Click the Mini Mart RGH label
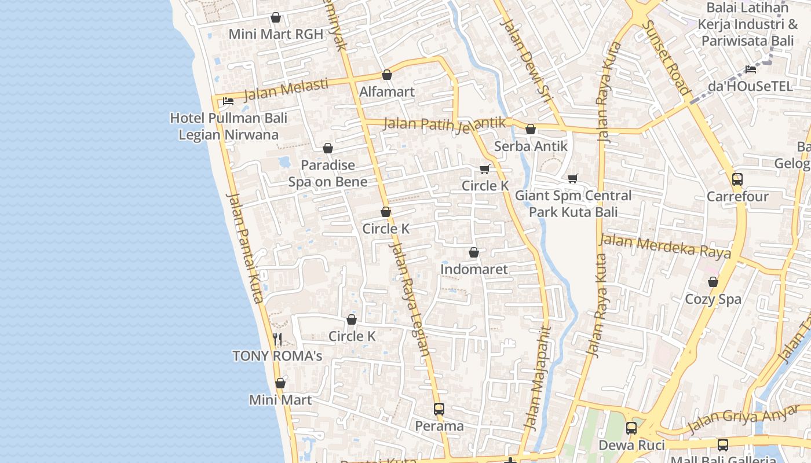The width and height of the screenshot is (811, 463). click(x=276, y=34)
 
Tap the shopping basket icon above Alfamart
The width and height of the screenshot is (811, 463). click(x=387, y=75)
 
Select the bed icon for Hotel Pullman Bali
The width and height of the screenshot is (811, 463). click(x=228, y=101)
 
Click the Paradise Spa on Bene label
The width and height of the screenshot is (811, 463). click(x=328, y=173)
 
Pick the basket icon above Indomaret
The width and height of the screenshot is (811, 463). click(x=474, y=252)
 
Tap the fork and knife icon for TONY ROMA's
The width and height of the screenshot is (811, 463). click(x=277, y=339)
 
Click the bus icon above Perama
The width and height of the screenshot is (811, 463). click(x=439, y=409)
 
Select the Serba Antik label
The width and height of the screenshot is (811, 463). click(x=531, y=146)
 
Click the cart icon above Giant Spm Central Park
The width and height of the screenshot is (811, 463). click(x=573, y=178)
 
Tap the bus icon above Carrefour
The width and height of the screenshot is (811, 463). click(x=737, y=179)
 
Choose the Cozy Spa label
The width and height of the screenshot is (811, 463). click(x=713, y=299)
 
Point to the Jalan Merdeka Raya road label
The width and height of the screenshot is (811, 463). click(x=665, y=246)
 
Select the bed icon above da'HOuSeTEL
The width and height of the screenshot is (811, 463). click(x=751, y=69)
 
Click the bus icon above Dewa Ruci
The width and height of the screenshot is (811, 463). click(x=631, y=428)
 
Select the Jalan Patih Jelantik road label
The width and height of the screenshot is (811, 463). click(x=444, y=124)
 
